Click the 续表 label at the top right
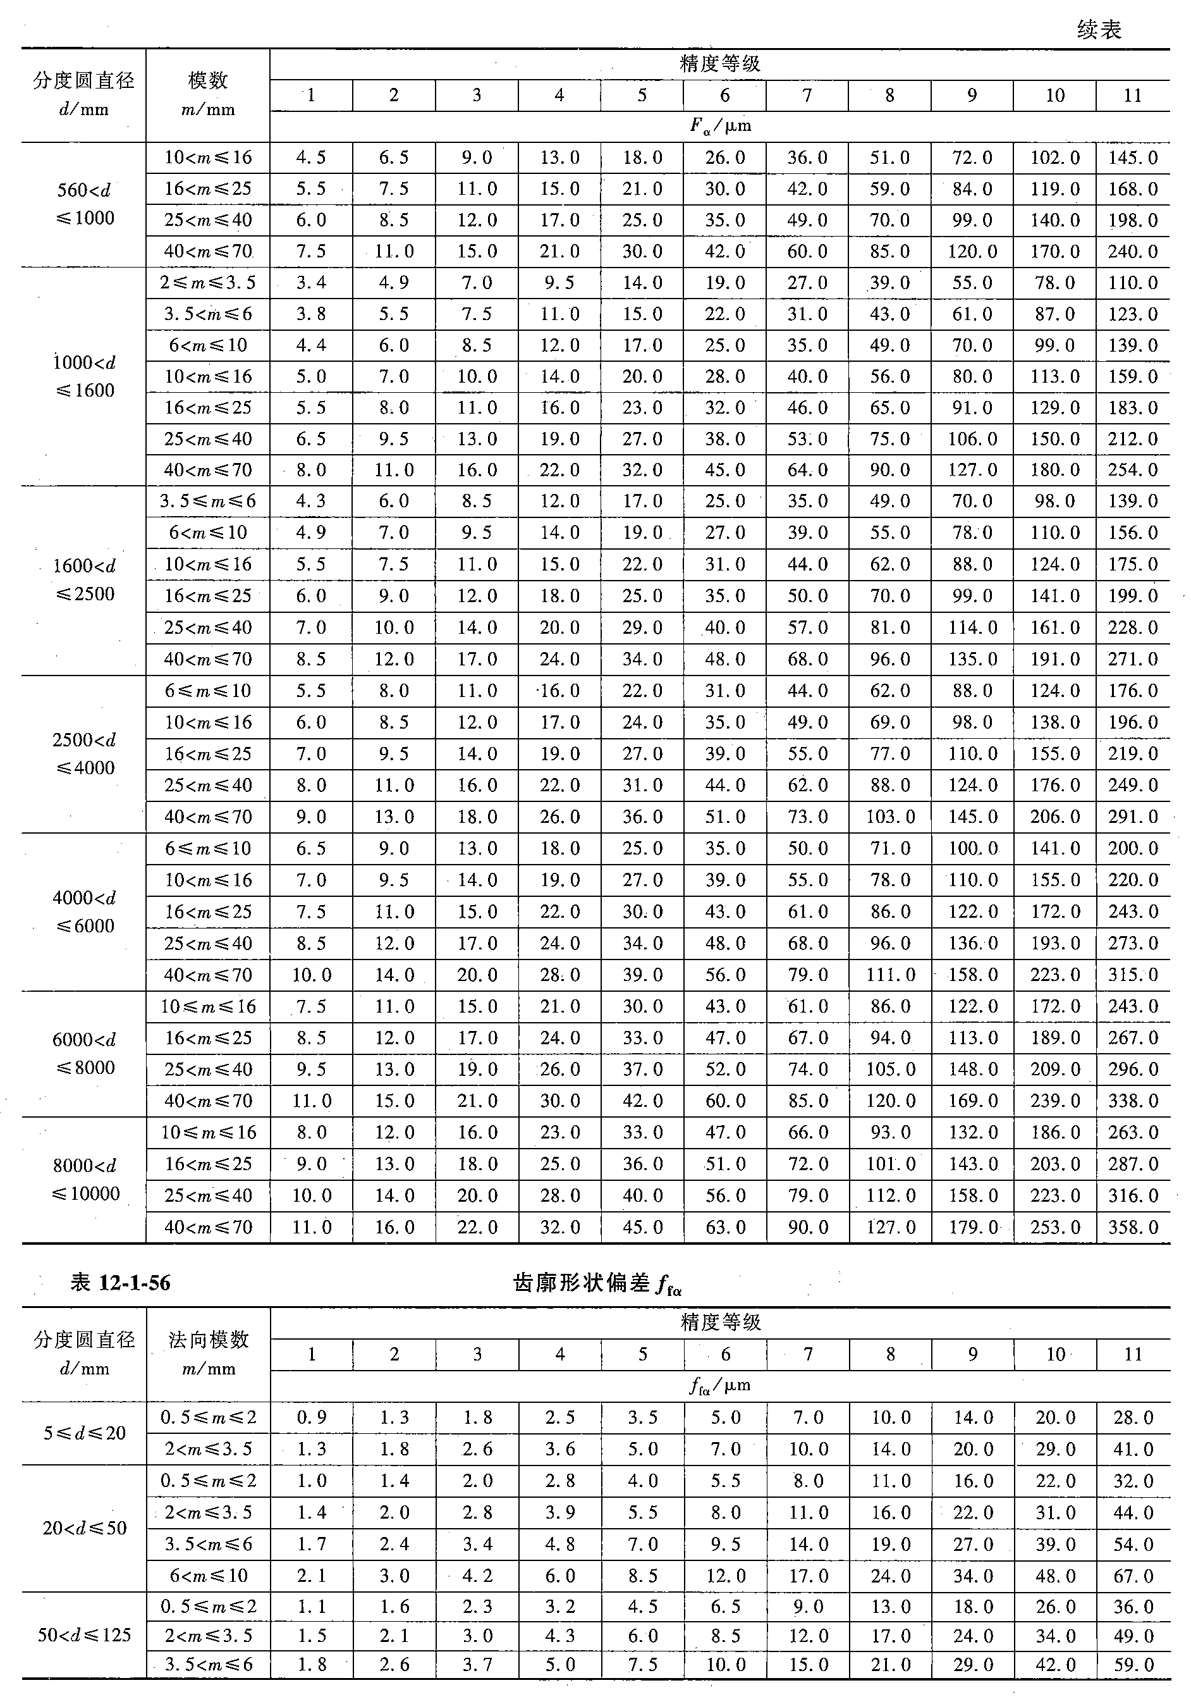(1099, 30)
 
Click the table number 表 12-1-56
(121, 1282)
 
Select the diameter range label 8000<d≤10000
(85, 1180)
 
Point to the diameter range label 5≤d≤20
(84, 1433)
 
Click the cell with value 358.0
(1133, 1228)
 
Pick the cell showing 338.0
(1133, 1101)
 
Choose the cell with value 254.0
(1133, 470)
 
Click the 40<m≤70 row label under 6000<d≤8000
(209, 1101)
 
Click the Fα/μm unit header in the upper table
(721, 126)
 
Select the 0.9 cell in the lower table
(311, 1417)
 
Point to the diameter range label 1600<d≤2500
(85, 580)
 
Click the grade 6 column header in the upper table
(725, 96)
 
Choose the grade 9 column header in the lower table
(972, 1354)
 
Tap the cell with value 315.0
(1133, 975)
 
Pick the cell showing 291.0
(1133, 817)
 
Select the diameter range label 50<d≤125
(84, 1635)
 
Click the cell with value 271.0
(1133, 658)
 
